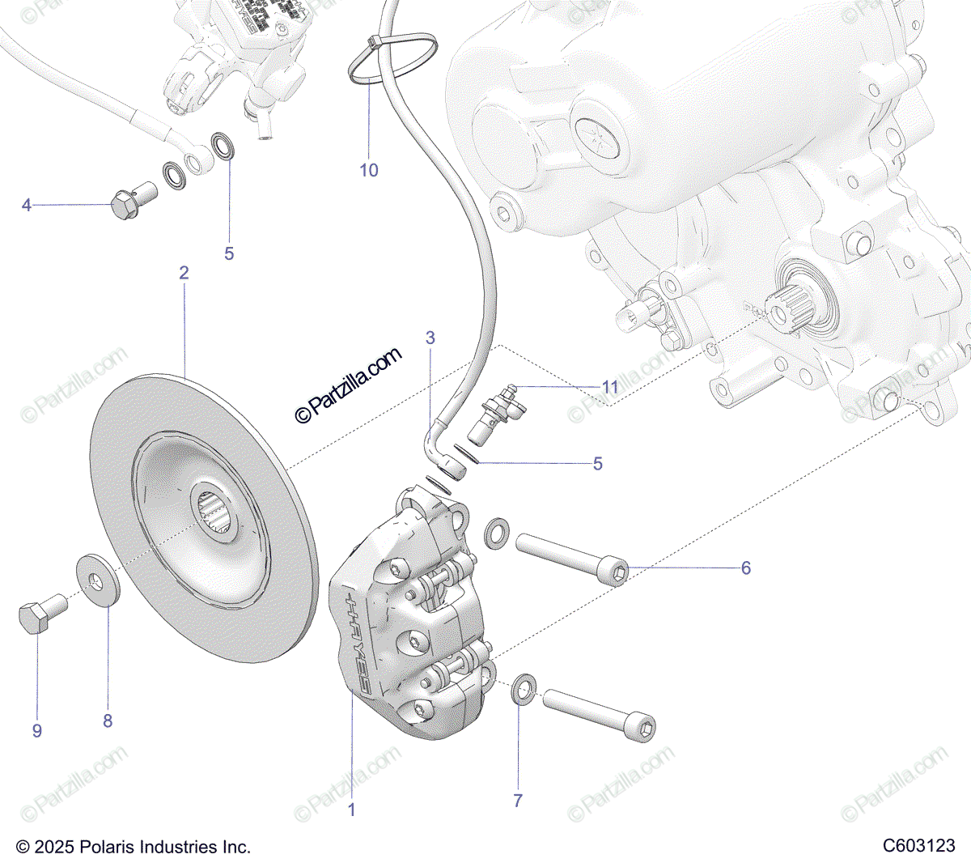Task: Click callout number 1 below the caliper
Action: pyautogui.click(x=351, y=809)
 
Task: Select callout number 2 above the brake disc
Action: pyautogui.click(x=184, y=273)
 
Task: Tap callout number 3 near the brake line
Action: pyautogui.click(x=430, y=338)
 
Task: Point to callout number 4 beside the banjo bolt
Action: pyautogui.click(x=27, y=206)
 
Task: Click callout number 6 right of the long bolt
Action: pyautogui.click(x=746, y=568)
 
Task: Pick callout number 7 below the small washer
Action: pyautogui.click(x=518, y=801)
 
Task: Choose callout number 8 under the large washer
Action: pyautogui.click(x=108, y=721)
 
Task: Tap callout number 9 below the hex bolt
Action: pyautogui.click(x=37, y=730)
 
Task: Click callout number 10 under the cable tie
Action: pyautogui.click(x=369, y=170)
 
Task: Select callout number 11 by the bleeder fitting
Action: pyautogui.click(x=610, y=387)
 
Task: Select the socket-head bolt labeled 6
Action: pyautogui.click(x=570, y=559)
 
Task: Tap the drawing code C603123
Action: pyautogui.click(x=918, y=846)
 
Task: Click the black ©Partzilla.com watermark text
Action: pyautogui.click(x=349, y=385)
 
